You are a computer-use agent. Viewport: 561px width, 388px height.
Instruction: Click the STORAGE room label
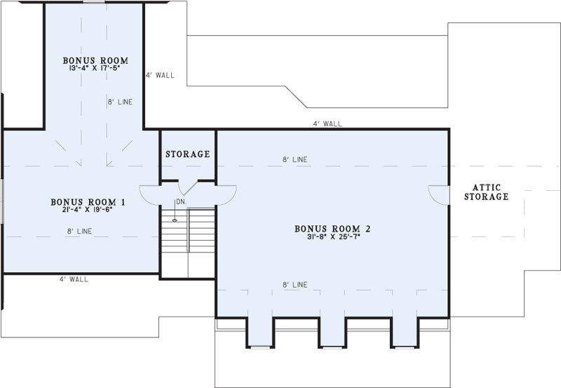point(187,154)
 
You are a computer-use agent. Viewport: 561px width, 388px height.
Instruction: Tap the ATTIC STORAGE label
point(486,192)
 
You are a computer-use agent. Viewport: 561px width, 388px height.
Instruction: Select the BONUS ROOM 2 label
point(332,229)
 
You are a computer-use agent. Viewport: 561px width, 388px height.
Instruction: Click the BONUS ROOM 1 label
point(88,202)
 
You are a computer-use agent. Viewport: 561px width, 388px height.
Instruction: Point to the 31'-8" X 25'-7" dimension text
point(333,236)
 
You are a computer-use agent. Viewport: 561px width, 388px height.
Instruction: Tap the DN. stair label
point(182,202)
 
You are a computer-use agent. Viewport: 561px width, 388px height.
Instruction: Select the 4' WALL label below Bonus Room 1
point(74,279)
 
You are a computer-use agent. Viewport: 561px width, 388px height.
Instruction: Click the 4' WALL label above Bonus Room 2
point(327,124)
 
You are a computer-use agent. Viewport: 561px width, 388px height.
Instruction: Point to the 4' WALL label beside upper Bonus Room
point(160,75)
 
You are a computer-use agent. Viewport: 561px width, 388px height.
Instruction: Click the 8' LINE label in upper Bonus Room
point(120,102)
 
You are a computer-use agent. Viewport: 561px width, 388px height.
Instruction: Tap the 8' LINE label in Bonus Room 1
point(79,232)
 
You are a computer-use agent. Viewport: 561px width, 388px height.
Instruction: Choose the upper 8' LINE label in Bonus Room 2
point(295,160)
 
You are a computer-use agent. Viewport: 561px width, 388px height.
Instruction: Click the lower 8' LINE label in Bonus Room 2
point(295,285)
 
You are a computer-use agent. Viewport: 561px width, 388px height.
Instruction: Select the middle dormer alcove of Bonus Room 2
point(332,332)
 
